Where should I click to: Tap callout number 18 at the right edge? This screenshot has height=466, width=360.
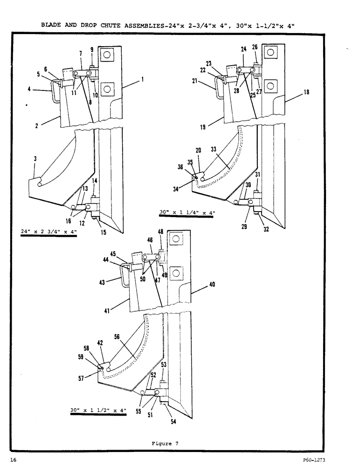[x=306, y=92]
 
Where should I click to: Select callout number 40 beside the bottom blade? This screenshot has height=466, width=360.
[x=212, y=284]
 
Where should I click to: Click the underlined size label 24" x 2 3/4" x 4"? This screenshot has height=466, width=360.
[x=48, y=232]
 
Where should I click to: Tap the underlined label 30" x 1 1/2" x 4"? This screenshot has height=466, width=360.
[x=98, y=411]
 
